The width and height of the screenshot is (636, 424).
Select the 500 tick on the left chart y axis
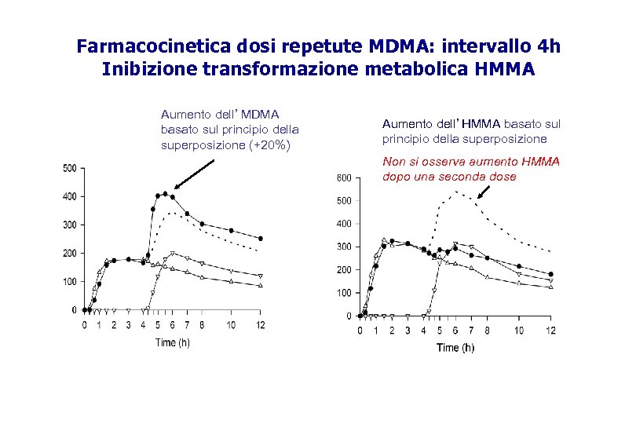(70, 168)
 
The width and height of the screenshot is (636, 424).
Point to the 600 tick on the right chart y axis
(344, 178)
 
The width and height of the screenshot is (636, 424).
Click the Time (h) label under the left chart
(172, 342)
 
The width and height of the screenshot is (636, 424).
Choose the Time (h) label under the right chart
(455, 348)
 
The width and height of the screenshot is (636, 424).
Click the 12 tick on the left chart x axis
(261, 324)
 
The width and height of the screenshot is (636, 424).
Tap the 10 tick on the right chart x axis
(518, 331)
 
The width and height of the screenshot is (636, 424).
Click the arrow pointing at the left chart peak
(194, 174)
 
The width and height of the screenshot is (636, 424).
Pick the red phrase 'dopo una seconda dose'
(449, 177)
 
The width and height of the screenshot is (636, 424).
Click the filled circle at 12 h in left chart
(261, 239)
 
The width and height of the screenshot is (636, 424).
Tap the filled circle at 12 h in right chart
(551, 275)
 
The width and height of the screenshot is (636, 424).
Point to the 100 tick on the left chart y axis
(70, 282)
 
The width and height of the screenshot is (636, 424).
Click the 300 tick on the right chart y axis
(344, 247)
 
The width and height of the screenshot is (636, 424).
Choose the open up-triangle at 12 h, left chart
(261, 285)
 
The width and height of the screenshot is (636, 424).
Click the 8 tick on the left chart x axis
(202, 324)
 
